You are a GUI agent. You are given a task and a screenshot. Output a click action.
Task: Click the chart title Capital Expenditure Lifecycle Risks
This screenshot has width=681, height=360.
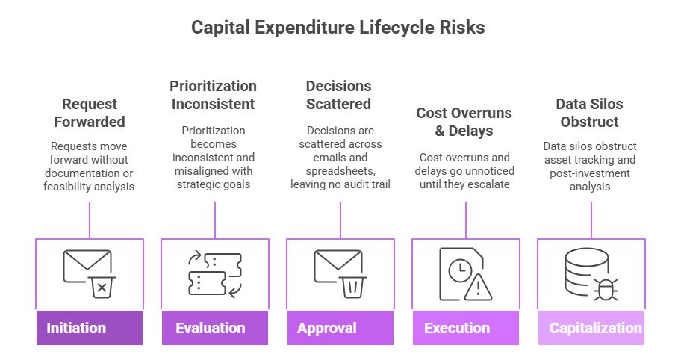click(338, 28)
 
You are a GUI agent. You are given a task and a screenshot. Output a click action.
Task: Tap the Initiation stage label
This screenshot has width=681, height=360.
click(76, 328)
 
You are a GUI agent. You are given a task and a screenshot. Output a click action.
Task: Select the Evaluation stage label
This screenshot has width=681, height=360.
click(211, 328)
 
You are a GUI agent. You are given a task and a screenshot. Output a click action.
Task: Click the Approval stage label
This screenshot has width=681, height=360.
click(326, 329)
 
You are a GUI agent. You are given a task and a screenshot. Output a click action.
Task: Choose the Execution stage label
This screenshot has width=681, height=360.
click(457, 328)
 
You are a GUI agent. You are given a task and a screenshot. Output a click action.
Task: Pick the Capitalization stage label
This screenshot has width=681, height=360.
click(595, 328)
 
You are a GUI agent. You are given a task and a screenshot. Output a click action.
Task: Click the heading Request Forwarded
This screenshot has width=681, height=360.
click(90, 113)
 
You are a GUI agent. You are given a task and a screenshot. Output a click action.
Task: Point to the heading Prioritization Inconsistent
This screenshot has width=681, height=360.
click(214, 95)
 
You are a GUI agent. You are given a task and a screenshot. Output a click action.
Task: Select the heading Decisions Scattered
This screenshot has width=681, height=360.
click(339, 95)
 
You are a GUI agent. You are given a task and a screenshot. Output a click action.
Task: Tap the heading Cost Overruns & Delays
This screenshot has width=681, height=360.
click(464, 122)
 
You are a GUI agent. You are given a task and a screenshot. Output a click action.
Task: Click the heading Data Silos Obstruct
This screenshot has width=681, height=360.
click(590, 113)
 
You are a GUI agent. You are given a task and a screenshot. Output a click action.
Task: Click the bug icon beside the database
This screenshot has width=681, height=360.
click(606, 289)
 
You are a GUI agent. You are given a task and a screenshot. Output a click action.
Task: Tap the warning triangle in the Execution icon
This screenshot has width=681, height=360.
click(478, 288)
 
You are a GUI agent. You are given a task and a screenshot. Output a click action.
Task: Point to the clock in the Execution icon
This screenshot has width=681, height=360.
click(461, 270)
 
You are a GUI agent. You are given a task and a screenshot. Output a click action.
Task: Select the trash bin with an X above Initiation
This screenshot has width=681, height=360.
click(102, 287)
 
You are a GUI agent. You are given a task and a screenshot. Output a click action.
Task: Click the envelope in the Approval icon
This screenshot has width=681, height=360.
click(338, 265)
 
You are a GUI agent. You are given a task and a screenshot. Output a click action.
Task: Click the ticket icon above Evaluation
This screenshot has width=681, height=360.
click(215, 274)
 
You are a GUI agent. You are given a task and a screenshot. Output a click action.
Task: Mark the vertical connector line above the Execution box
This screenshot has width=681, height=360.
click(466, 220)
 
